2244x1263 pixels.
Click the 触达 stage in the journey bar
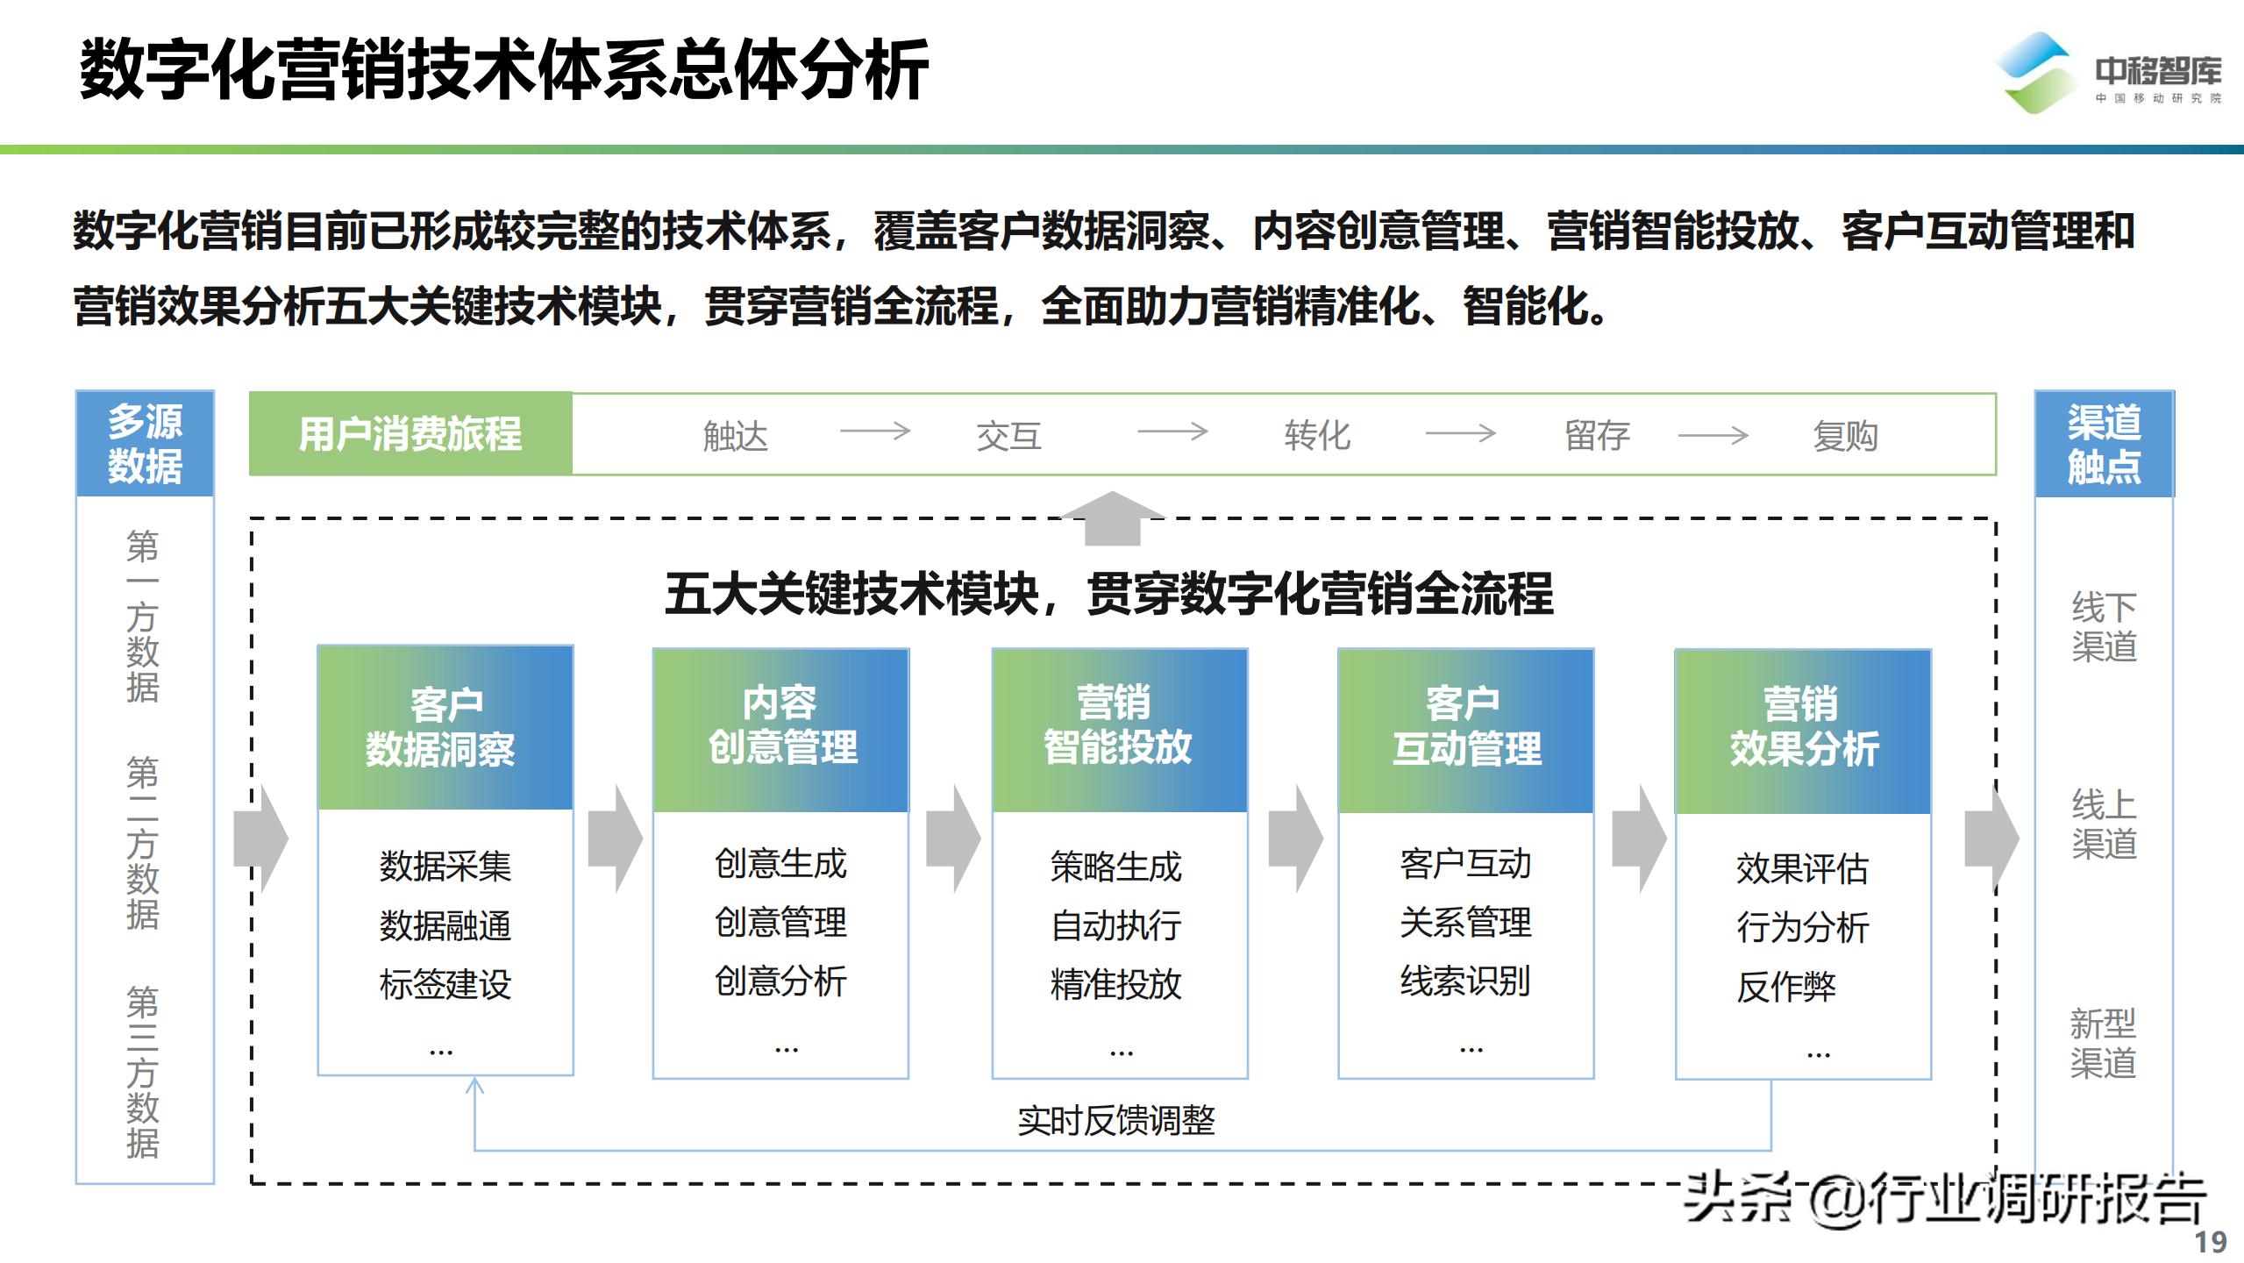click(x=735, y=436)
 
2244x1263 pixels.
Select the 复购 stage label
click(x=1845, y=436)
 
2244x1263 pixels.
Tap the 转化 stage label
click(x=1317, y=436)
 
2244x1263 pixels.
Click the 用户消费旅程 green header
click(x=410, y=434)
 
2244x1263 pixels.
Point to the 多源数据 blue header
click(x=145, y=444)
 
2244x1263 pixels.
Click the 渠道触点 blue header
click(x=2104, y=444)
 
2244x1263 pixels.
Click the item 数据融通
click(x=445, y=926)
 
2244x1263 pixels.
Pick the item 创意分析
click(x=780, y=981)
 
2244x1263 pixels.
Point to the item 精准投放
click(x=1116, y=985)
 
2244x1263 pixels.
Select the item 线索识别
click(x=1465, y=981)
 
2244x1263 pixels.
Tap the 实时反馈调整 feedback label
click(x=1116, y=1121)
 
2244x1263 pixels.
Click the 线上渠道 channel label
click(x=2104, y=824)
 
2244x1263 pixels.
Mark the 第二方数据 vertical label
click(x=143, y=842)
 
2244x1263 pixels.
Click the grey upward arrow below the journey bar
click(x=1112, y=517)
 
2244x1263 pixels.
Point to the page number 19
click(x=2211, y=1242)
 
